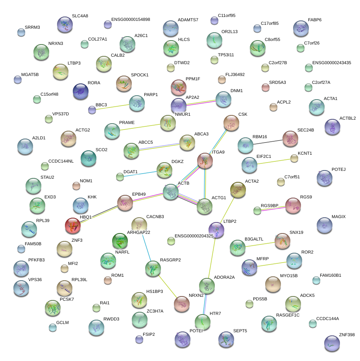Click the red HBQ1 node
point(73,226)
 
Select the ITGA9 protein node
point(205,161)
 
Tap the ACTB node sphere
point(171,192)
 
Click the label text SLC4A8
point(80,16)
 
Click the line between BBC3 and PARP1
point(114,107)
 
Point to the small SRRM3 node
point(21,32)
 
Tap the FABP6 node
point(301,28)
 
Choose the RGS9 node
point(293,205)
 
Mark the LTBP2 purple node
point(216,230)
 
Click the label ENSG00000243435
point(331,63)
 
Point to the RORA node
point(81,91)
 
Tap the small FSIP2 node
point(139,339)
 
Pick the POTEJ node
point(325,178)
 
